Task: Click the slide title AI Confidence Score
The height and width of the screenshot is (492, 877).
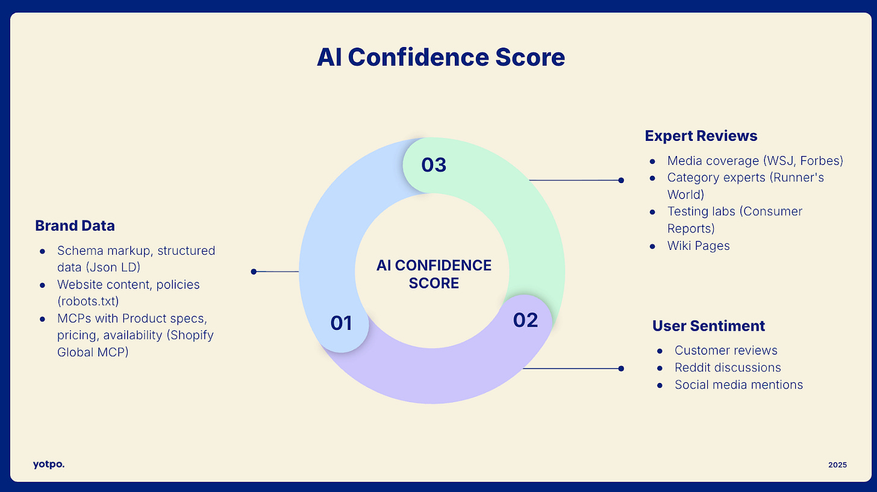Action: pos(440,57)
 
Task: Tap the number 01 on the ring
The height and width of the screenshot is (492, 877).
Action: pos(341,323)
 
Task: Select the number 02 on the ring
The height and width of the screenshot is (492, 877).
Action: pos(525,320)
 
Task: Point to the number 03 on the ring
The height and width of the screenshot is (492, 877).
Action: pos(434,164)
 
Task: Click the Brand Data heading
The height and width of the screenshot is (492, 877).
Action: pos(75,226)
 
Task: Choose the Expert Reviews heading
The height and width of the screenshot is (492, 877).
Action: pos(701,135)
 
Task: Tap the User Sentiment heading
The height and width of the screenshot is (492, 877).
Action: pos(708,326)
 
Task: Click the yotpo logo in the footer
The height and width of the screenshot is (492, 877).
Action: pos(49,464)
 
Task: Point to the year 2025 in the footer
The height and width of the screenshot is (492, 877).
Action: pos(837,464)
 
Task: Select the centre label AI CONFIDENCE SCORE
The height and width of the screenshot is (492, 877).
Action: pos(434,274)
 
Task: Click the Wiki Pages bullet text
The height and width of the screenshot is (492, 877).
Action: pos(698,246)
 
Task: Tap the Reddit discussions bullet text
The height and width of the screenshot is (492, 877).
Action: pos(728,367)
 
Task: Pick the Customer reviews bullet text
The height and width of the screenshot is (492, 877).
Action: pos(726,350)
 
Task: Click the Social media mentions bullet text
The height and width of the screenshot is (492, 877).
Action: pos(738,385)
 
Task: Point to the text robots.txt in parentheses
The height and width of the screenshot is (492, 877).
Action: pos(88,302)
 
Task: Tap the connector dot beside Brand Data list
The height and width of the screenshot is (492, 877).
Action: pos(254,272)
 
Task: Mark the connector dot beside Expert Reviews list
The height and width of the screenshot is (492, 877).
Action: pos(621,179)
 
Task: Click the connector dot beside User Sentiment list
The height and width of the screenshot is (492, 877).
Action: pos(621,368)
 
